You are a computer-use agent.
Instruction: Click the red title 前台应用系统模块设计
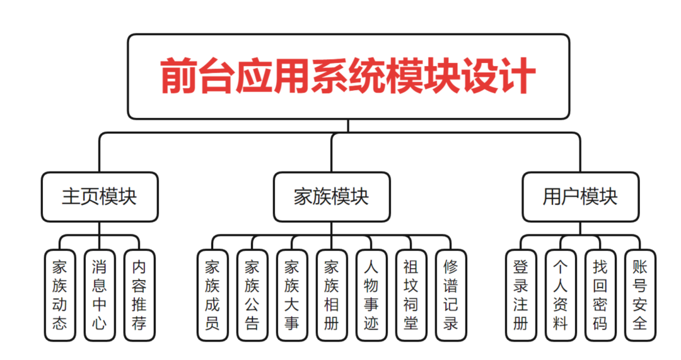click(x=348, y=76)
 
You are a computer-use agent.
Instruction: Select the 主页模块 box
click(x=100, y=197)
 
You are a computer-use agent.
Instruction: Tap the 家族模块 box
click(x=332, y=197)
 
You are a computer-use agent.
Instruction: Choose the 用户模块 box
click(x=580, y=197)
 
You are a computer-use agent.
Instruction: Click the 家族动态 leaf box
click(x=60, y=295)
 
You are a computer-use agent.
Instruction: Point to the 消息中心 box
click(x=100, y=295)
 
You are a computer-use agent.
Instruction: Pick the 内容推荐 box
click(x=139, y=295)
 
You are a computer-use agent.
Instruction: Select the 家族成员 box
click(x=212, y=295)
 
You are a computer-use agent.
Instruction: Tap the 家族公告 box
click(x=252, y=295)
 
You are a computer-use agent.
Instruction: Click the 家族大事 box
click(x=292, y=295)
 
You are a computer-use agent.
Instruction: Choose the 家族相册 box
click(x=332, y=295)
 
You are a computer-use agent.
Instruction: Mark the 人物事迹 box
click(x=371, y=295)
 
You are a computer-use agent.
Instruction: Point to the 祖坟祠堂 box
click(x=411, y=295)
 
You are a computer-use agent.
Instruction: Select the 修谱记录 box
click(x=451, y=295)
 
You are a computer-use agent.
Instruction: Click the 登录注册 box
click(x=521, y=295)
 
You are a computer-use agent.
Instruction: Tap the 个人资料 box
click(x=561, y=295)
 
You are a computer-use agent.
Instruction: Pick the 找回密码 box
click(x=600, y=295)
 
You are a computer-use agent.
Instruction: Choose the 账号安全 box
click(x=640, y=295)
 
